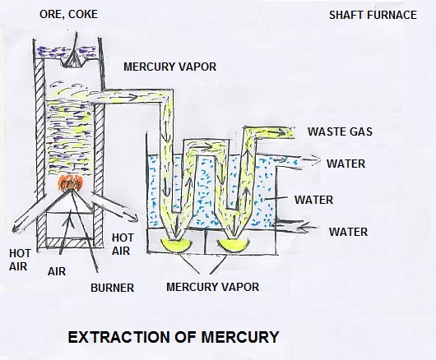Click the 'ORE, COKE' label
68,15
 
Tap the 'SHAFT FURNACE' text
373,15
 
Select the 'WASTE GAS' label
340,132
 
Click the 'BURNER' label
113,288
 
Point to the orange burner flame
70,183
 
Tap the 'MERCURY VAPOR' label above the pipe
170,67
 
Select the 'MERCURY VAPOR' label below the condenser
213,287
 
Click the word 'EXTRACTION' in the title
119,337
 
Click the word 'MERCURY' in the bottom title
240,337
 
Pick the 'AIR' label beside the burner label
57,271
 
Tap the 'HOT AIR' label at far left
19,260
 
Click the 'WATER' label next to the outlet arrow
346,164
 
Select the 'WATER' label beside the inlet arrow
349,232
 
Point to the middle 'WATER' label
314,200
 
